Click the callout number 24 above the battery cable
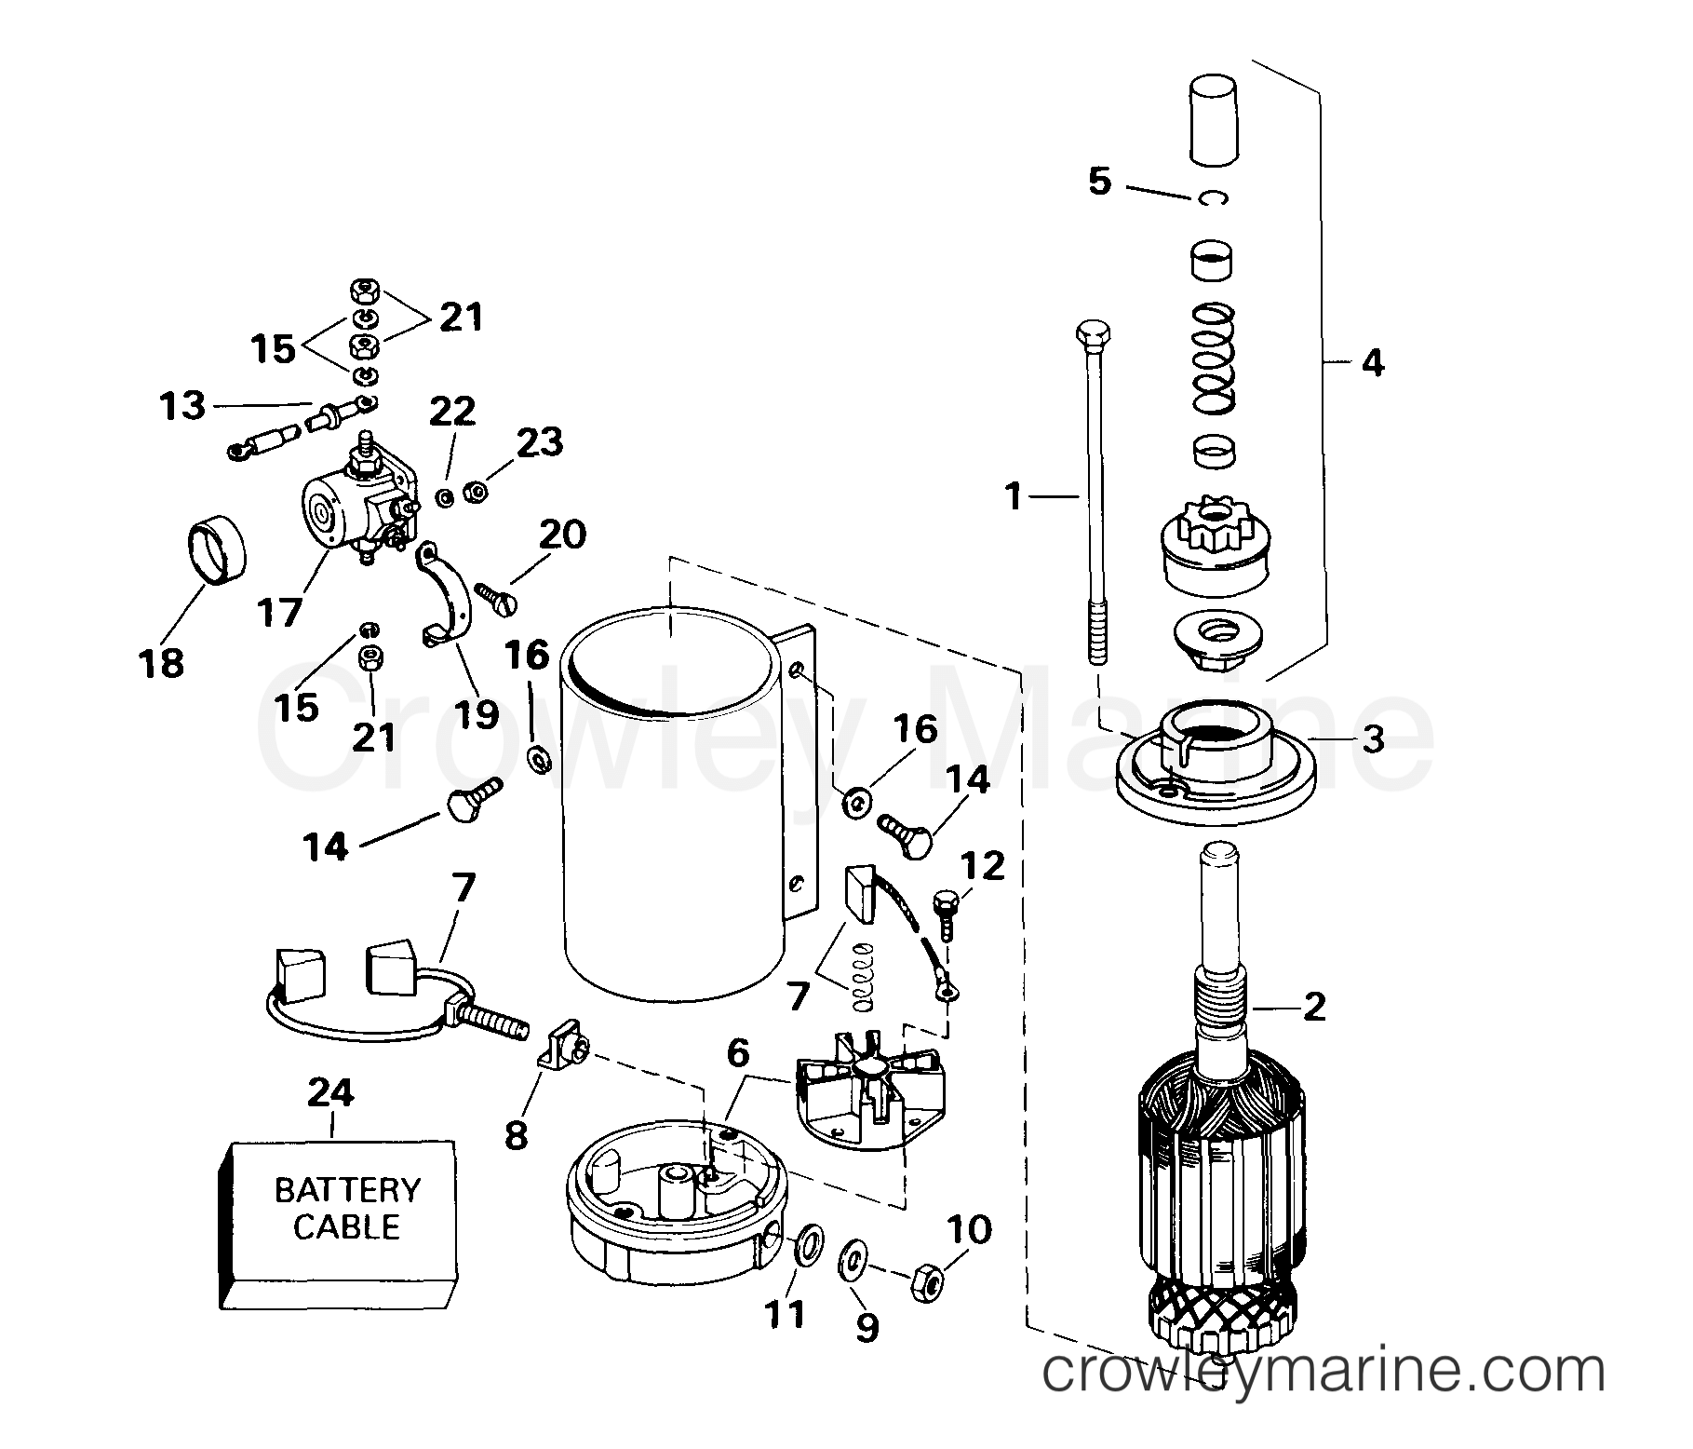click(331, 1092)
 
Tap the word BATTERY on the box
click(348, 1190)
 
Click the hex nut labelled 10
click(927, 1284)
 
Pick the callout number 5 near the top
click(1099, 181)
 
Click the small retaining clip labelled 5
click(1211, 197)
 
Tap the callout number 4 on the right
click(1372, 362)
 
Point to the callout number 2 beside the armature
click(1313, 1007)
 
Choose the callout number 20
click(561, 535)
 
